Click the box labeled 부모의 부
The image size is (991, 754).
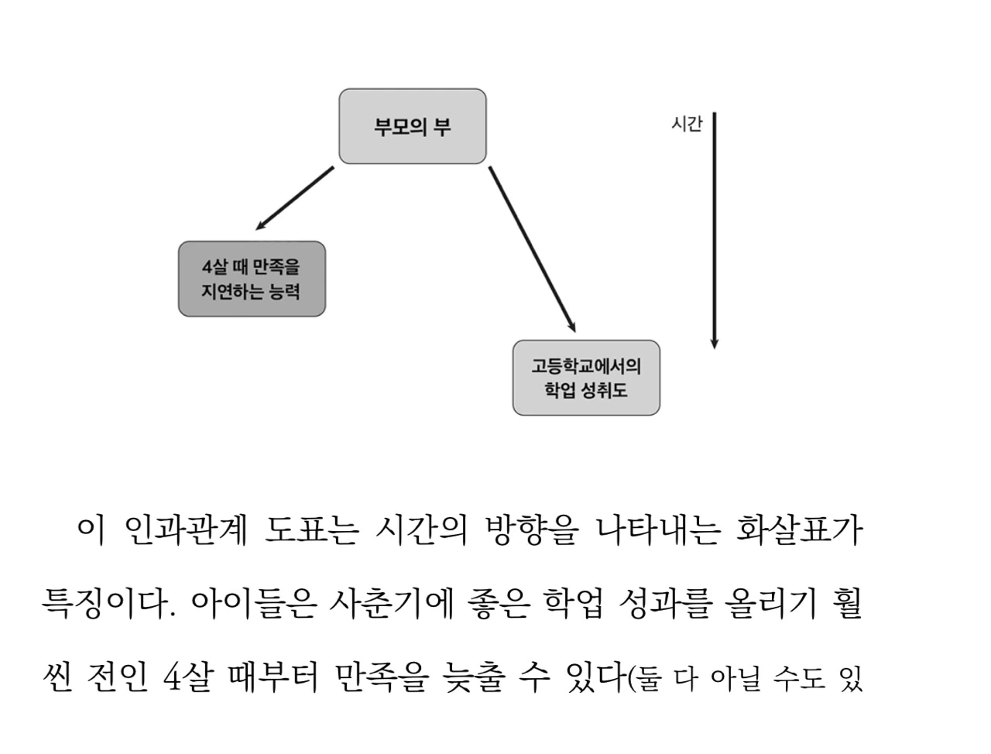coord(413,126)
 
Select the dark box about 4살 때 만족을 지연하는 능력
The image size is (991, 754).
coord(252,279)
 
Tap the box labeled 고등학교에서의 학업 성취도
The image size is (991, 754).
coord(586,378)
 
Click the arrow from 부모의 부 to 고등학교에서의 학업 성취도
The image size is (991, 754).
coord(532,248)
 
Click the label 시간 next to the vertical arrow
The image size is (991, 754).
coord(686,124)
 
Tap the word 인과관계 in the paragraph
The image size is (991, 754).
coord(185,531)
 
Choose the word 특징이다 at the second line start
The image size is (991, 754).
coord(104,605)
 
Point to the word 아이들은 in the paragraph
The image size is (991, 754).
coord(252,605)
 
